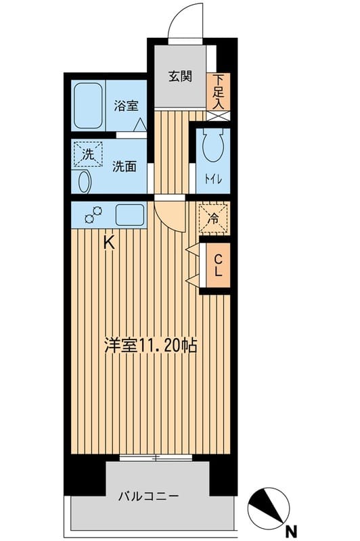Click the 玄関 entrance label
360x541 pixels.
click(180, 76)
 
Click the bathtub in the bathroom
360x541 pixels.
click(89, 106)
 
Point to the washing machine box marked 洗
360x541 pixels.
click(88, 153)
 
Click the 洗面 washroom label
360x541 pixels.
click(125, 166)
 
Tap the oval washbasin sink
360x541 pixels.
click(83, 183)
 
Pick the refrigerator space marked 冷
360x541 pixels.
click(214, 218)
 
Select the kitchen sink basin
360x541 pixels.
click(129, 215)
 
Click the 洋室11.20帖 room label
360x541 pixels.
click(150, 346)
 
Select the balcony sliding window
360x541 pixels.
click(156, 458)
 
